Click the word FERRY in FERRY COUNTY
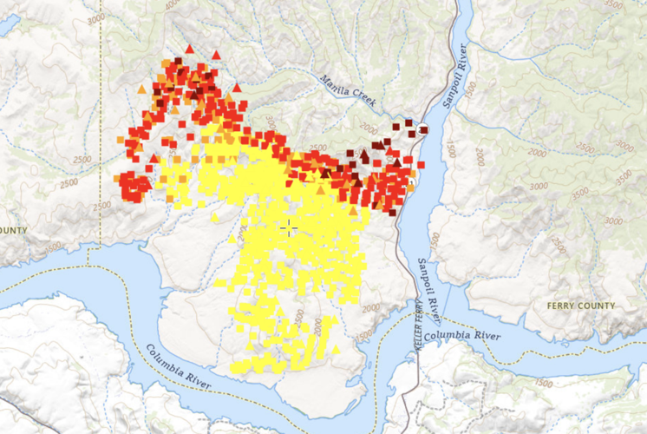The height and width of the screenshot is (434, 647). click(x=565, y=306)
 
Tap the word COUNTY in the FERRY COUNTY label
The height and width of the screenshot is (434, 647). click(x=598, y=306)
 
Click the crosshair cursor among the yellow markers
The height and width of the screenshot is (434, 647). click(x=289, y=227)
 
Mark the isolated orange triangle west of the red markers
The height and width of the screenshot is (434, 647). click(x=141, y=89)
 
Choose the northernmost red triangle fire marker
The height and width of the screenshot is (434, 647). click(x=189, y=49)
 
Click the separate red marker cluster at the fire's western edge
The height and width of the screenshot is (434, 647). click(x=134, y=185)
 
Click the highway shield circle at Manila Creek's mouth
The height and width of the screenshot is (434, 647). click(x=423, y=130)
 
